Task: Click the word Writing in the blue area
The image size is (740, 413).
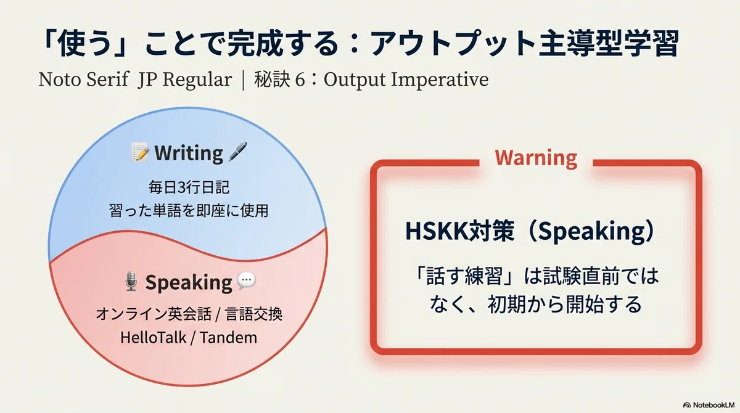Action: coord(189,153)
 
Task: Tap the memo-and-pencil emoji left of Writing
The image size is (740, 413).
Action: coord(140,152)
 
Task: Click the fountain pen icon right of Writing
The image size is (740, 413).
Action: coord(237,152)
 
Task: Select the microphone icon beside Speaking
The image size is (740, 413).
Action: coord(131,281)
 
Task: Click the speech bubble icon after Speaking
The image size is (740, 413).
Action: coord(247,281)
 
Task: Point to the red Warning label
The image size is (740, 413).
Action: coord(536,158)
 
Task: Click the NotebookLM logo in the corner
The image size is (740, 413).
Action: coord(709,405)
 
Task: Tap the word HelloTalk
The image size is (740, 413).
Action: coord(154,338)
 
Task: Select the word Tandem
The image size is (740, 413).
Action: coord(228,338)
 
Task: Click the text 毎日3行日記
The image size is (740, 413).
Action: coord(189,187)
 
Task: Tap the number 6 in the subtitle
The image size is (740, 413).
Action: coord(300,80)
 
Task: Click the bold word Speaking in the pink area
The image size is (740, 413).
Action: coord(189,282)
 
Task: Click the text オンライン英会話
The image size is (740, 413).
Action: coord(154,314)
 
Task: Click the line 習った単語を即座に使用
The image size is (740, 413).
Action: coord(189,211)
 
